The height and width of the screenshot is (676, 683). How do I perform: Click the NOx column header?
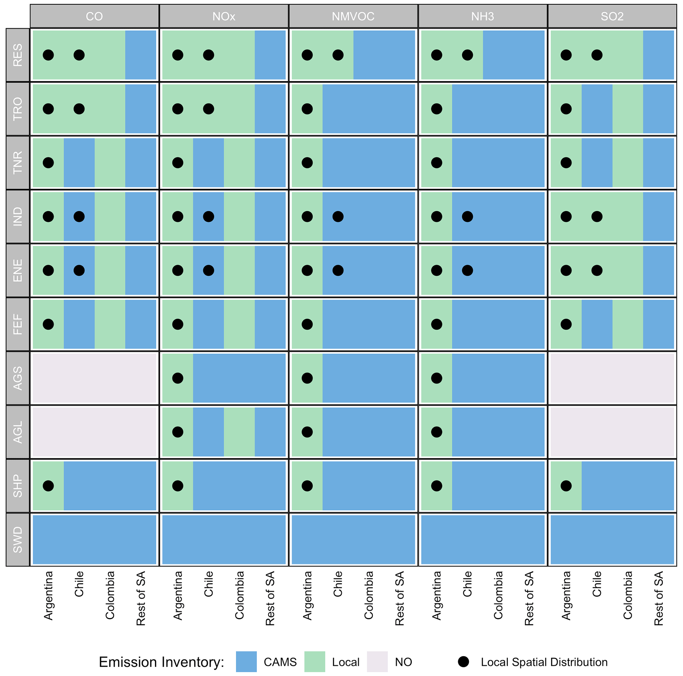click(224, 16)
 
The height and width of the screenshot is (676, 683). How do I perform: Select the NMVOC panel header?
click(353, 16)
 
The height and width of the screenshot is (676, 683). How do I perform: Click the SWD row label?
click(18, 539)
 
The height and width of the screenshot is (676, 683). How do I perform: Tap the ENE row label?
click(18, 270)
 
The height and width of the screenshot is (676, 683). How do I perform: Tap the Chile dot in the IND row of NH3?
click(467, 217)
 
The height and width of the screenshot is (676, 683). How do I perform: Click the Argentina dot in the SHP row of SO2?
click(566, 486)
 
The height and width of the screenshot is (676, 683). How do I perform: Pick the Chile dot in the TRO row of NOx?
click(209, 109)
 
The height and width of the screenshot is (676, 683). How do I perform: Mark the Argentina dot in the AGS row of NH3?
click(436, 378)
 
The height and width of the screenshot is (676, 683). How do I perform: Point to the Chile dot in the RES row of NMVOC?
click(338, 55)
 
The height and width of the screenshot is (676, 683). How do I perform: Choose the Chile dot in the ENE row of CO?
click(79, 270)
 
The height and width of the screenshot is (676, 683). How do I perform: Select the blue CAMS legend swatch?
click(247, 661)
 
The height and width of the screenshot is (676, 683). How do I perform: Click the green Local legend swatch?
click(315, 661)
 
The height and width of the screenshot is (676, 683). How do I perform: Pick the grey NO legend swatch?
click(377, 661)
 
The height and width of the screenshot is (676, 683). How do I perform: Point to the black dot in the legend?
click(464, 661)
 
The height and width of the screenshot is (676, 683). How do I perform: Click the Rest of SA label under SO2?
click(658, 598)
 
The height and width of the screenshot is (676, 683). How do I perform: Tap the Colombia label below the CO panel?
click(110, 595)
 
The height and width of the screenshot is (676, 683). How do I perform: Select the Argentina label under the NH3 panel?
click(436, 596)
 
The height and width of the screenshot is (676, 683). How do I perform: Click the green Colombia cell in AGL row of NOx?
click(239, 432)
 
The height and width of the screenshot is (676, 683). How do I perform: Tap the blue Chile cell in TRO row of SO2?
click(597, 109)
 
